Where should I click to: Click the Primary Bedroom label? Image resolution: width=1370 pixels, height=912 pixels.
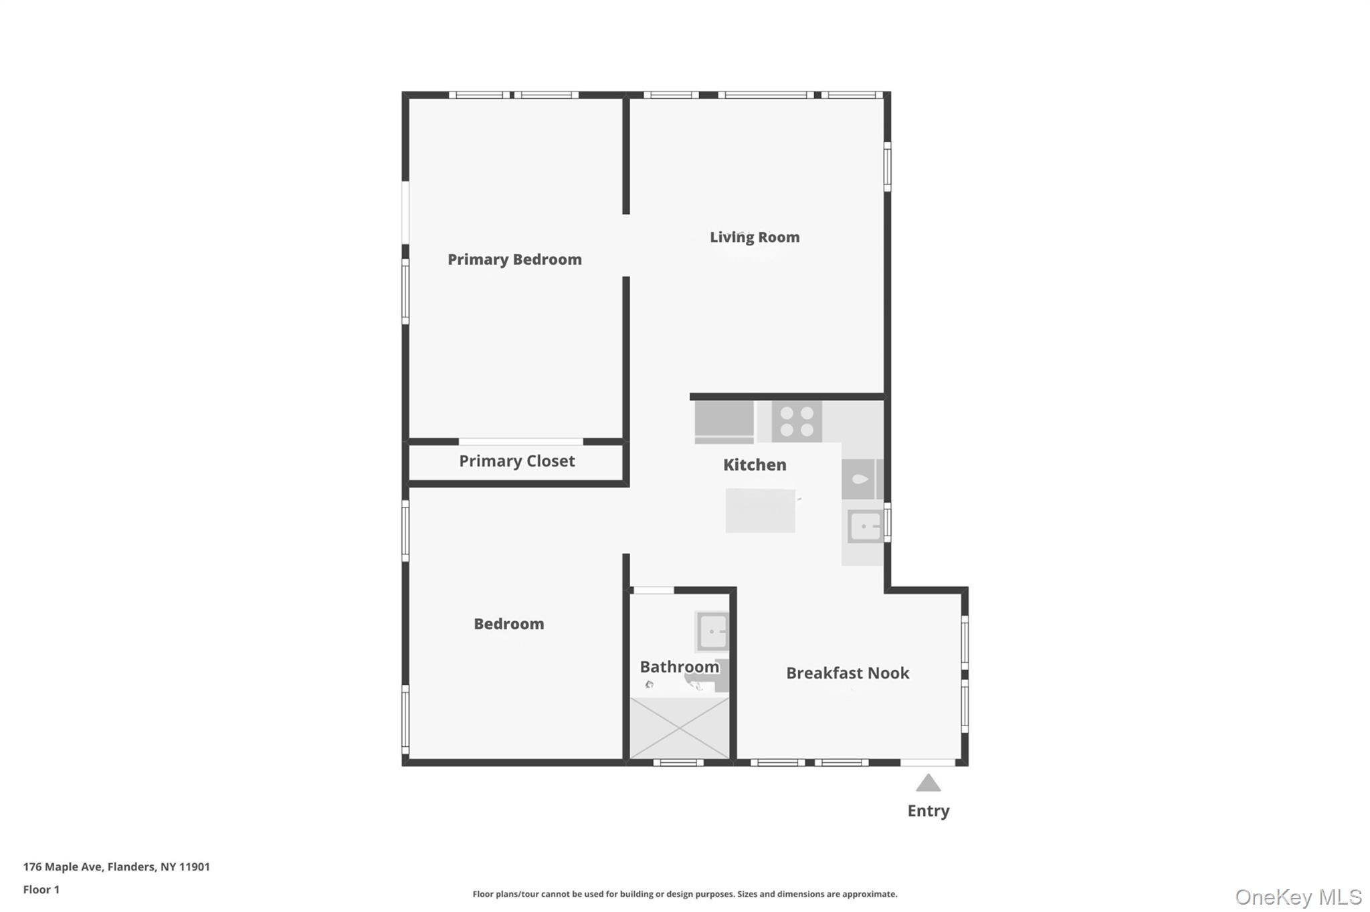pyautogui.click(x=514, y=259)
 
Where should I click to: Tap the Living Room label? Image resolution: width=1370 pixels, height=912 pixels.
pyautogui.click(x=755, y=237)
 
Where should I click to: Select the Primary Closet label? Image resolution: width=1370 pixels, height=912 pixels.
pyautogui.click(x=516, y=461)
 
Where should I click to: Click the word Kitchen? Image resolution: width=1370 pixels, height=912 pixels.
pyautogui.click(x=755, y=465)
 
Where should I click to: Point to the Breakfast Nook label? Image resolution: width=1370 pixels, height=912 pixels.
pyautogui.click(x=847, y=673)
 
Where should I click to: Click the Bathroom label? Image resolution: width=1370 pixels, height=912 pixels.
pyautogui.click(x=679, y=667)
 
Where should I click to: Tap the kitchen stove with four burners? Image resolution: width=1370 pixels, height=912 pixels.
pyautogui.click(x=797, y=422)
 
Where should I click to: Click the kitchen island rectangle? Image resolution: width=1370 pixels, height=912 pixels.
pyautogui.click(x=761, y=511)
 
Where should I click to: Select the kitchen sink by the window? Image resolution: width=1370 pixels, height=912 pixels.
pyautogui.click(x=864, y=527)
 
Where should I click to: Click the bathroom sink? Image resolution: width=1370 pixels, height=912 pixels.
pyautogui.click(x=712, y=631)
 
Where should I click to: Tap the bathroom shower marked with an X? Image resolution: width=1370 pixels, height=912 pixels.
pyautogui.click(x=680, y=727)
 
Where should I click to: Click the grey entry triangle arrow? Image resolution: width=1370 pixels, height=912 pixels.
pyautogui.click(x=928, y=783)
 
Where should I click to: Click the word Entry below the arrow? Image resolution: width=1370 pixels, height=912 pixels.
pyautogui.click(x=928, y=811)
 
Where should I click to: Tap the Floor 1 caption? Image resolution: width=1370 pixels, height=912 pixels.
pyautogui.click(x=41, y=890)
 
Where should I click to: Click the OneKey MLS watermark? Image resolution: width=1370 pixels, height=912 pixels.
pyautogui.click(x=1298, y=897)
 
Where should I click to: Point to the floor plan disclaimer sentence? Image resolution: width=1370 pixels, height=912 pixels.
pyautogui.click(x=684, y=894)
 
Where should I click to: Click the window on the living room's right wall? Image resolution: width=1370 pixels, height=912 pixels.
pyautogui.click(x=887, y=166)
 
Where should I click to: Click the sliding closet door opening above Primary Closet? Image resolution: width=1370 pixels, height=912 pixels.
pyautogui.click(x=520, y=441)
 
